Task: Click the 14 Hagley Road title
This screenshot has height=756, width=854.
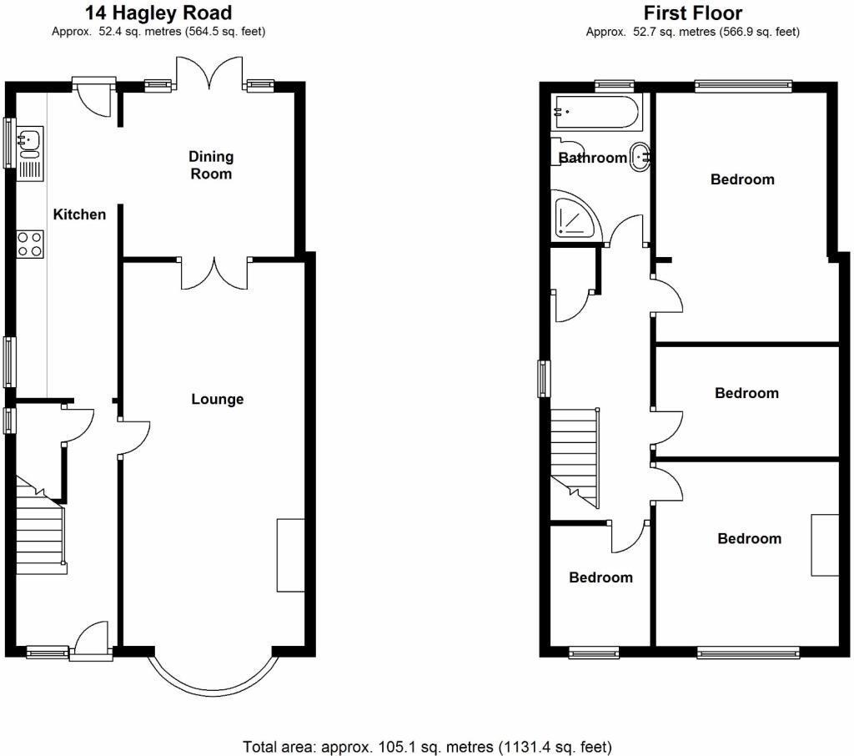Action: pyautogui.click(x=158, y=13)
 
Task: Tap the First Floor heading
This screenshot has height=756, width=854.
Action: pyautogui.click(x=692, y=13)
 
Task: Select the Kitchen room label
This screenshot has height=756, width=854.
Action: pyautogui.click(x=80, y=214)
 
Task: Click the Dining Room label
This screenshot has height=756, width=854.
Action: pyautogui.click(x=211, y=165)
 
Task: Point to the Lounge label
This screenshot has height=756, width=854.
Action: pyautogui.click(x=218, y=399)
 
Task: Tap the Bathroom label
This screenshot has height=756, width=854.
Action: pyautogui.click(x=592, y=158)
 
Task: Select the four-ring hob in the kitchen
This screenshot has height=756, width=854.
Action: pyautogui.click(x=30, y=243)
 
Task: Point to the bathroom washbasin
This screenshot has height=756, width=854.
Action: pyautogui.click(x=640, y=155)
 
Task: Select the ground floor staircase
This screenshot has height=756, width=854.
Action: pyautogui.click(x=40, y=526)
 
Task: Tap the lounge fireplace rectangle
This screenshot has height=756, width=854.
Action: pyautogui.click(x=291, y=555)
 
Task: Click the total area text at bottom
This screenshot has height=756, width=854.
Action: pyautogui.click(x=427, y=745)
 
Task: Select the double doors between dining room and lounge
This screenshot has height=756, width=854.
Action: pyautogui.click(x=214, y=274)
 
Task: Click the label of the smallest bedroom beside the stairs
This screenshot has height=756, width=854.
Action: pyautogui.click(x=600, y=577)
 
